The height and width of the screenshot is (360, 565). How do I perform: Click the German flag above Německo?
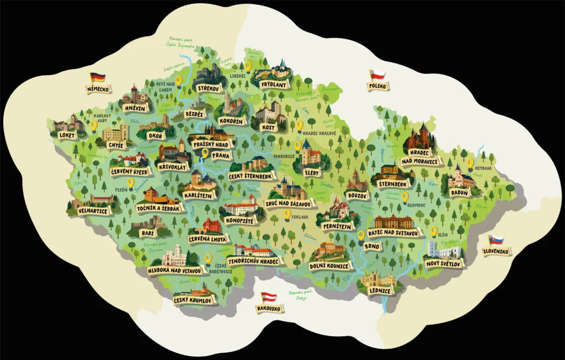tap(98, 77)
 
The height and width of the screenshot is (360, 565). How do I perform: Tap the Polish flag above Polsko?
tap(377, 75)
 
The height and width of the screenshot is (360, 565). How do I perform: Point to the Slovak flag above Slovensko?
tap(496, 240)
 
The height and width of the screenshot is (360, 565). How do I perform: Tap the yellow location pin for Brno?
tap(361, 235)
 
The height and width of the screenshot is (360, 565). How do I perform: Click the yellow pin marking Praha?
tap(205, 153)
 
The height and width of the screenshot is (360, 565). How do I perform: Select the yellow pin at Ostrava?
tap(471, 163)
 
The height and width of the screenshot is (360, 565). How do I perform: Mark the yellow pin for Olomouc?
tap(405, 197)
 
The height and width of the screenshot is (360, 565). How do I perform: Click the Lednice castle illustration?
tap(378, 280)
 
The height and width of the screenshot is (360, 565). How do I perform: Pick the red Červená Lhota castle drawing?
tap(211, 225)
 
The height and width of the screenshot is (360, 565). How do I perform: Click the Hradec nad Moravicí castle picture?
tap(419, 140)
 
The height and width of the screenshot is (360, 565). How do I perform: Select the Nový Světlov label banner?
tap(445, 263)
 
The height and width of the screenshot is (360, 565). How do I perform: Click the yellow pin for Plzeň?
tap(131, 182)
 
